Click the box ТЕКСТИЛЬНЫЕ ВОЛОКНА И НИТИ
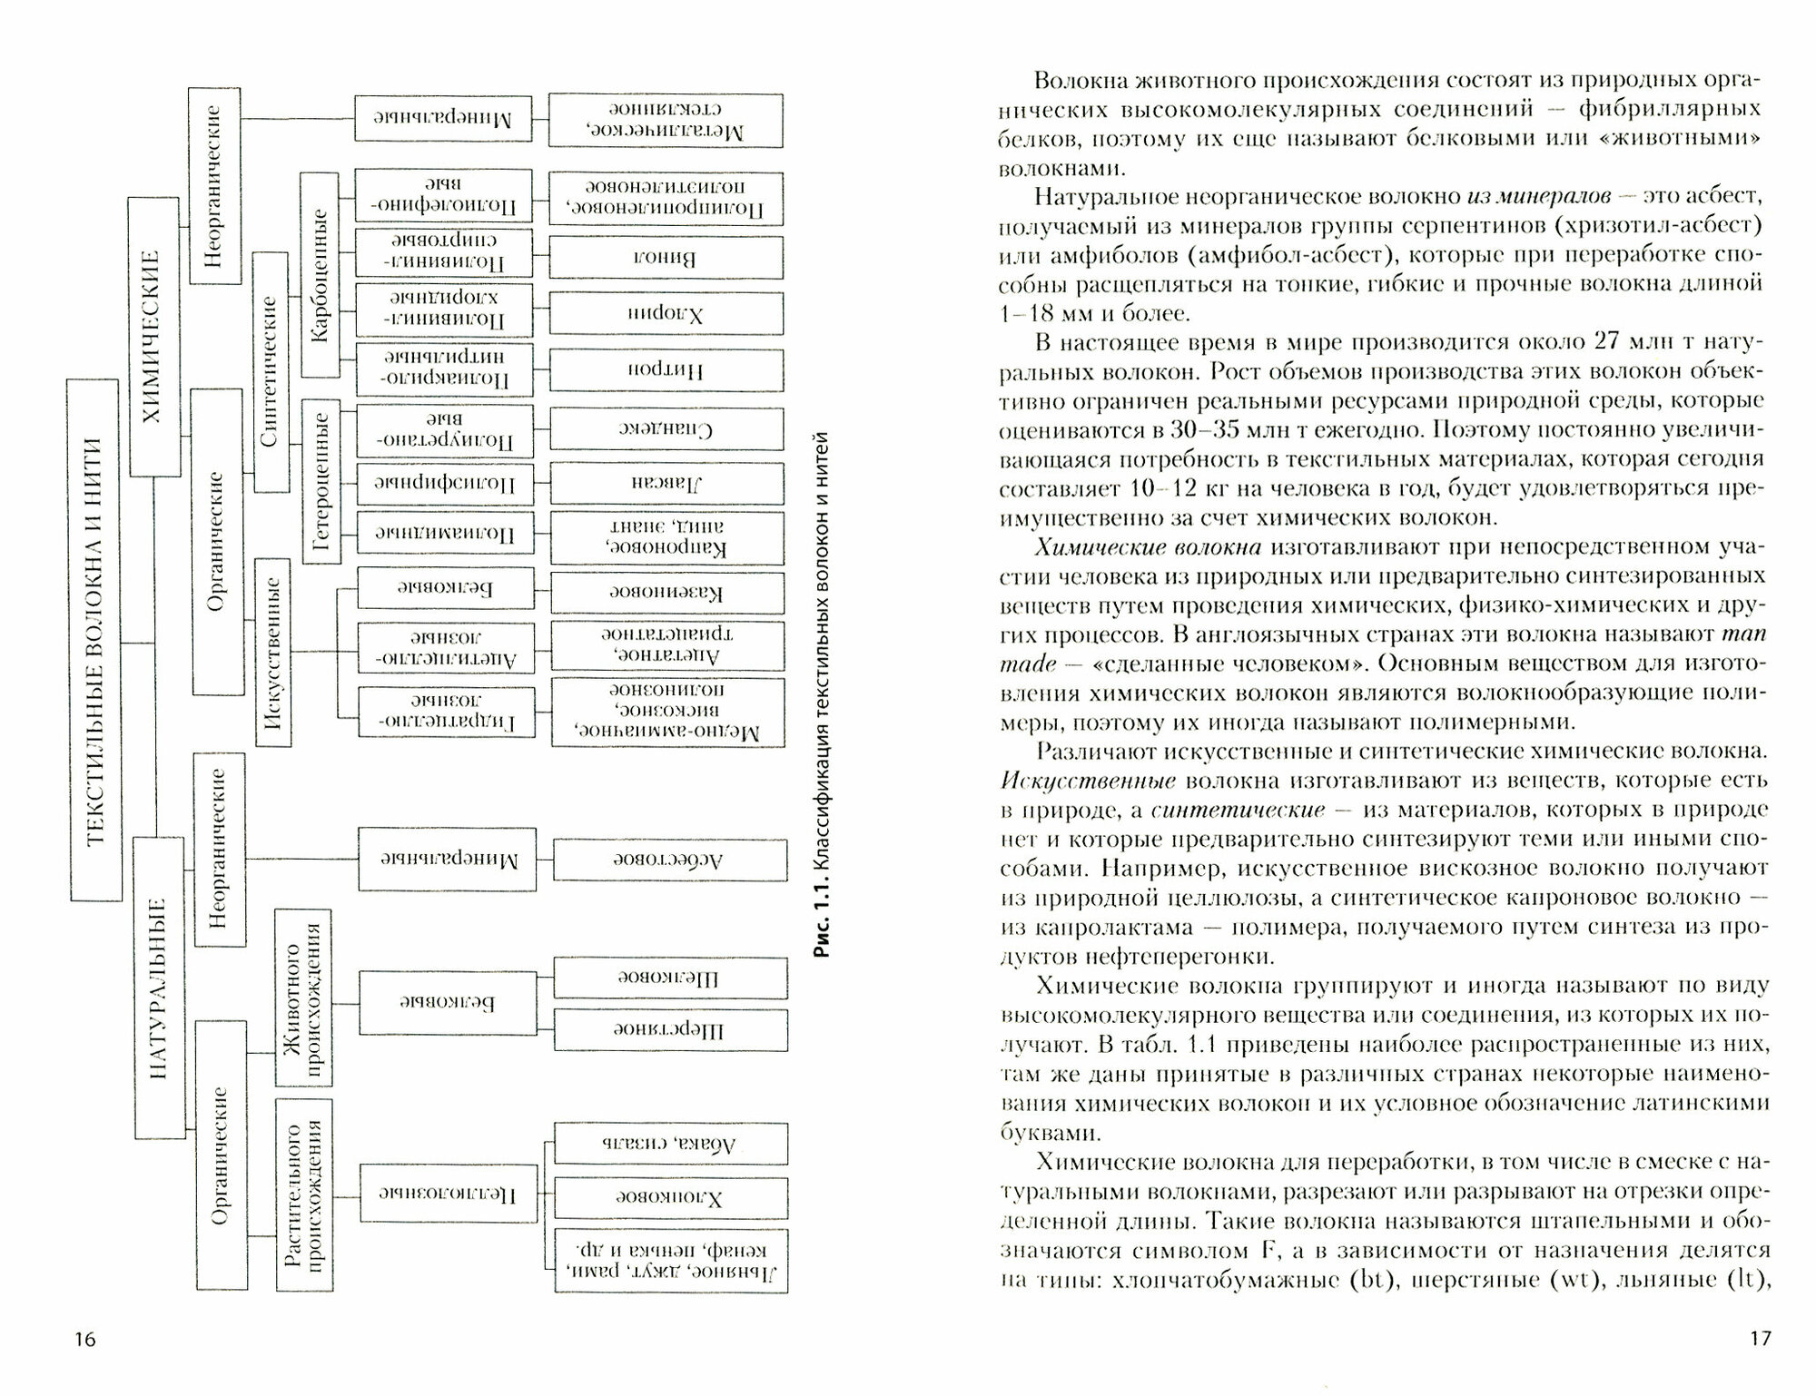pos(95,640)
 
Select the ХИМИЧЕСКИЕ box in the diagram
pos(153,337)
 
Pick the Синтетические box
pos(271,372)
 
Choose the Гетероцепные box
pos(321,481)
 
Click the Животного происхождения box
pos(303,998)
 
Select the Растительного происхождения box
pos(303,1194)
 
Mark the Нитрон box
pos(666,370)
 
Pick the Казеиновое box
pos(667,594)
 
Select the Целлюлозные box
pos(448,1194)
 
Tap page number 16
pos(84,1340)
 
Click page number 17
pos(1759,1338)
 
